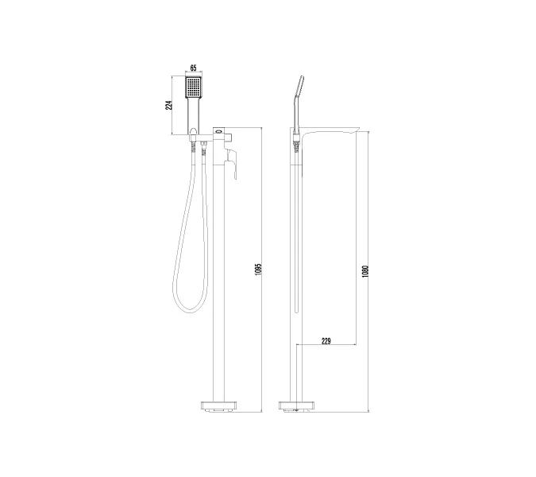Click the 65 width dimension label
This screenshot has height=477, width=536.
click(193, 69)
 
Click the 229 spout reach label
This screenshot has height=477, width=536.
click(326, 340)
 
